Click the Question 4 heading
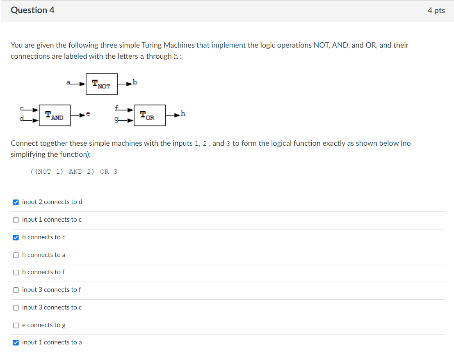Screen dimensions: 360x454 click(32, 11)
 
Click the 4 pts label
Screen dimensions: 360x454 click(436, 11)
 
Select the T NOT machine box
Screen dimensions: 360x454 click(101, 84)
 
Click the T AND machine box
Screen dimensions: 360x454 click(55, 115)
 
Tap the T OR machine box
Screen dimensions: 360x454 click(149, 115)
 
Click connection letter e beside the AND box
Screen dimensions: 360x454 click(88, 114)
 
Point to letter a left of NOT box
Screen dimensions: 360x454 click(69, 82)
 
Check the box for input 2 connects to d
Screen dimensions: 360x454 click(16, 202)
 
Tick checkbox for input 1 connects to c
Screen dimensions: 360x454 click(16, 220)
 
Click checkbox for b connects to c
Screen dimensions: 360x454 click(16, 237)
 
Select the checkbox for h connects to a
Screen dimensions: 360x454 click(16, 255)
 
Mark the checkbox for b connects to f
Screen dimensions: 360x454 click(16, 272)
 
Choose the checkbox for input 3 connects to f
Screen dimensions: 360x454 click(16, 290)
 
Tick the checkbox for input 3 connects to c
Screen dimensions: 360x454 click(16, 307)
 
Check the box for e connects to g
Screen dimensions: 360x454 click(16, 325)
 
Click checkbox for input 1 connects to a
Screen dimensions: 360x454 click(16, 342)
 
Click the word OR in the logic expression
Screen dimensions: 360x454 click(104, 172)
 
